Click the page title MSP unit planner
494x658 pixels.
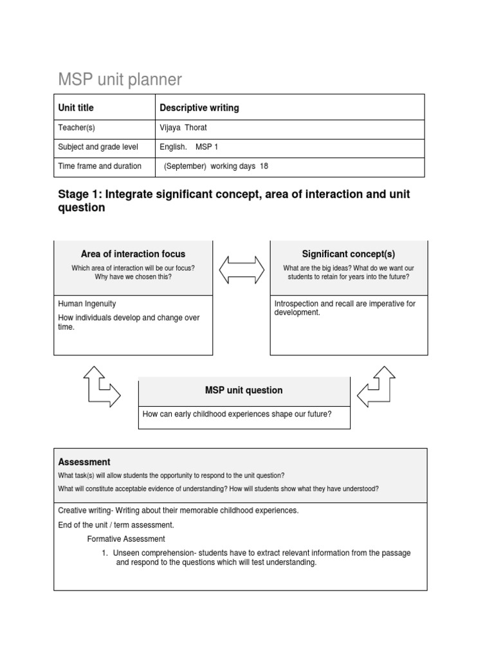[120, 80]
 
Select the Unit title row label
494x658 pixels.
[76, 108]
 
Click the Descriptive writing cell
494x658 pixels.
[199, 108]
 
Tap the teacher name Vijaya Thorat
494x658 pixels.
[183, 128]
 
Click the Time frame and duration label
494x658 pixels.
[100, 166]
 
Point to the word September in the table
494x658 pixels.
[185, 166]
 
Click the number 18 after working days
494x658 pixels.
[264, 166]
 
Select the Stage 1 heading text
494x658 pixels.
[233, 200]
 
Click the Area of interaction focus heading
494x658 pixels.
[133, 254]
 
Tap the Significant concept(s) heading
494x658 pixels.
[349, 254]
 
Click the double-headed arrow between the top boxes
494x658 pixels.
[241, 269]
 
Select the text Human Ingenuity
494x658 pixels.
[87, 304]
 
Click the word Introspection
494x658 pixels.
[298, 304]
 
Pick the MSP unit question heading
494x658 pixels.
[244, 390]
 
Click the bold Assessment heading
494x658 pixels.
[84, 462]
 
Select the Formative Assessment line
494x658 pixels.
[126, 539]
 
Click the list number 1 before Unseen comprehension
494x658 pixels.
[104, 553]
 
